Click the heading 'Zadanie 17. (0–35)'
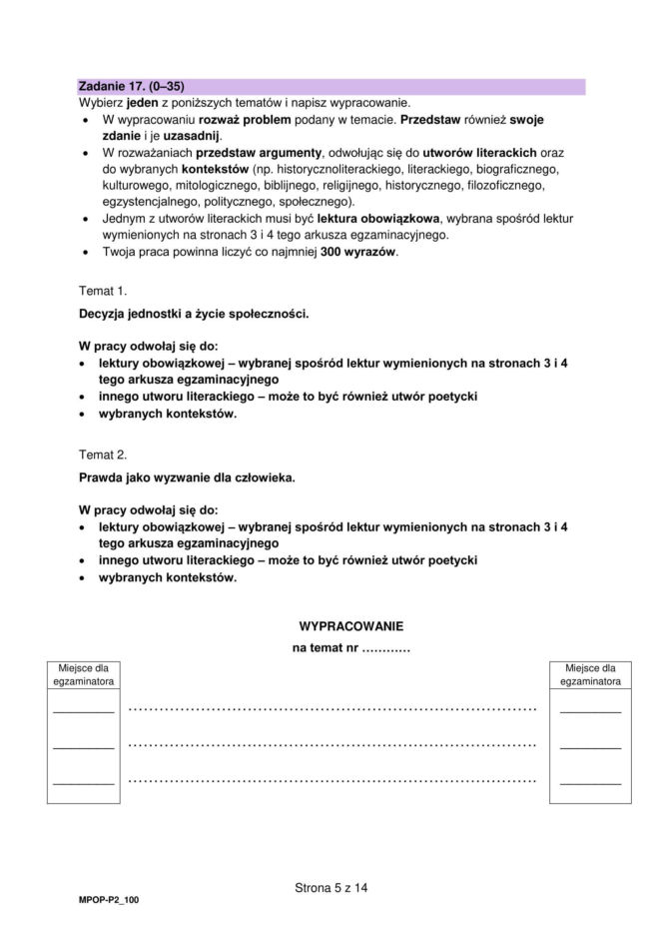click(132, 86)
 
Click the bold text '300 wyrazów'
click(357, 252)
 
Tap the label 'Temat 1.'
click(103, 290)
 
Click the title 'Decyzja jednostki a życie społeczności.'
click(194, 314)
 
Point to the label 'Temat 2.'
click(103, 455)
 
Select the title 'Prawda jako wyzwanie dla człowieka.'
click(187, 478)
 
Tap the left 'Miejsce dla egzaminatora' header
click(83, 674)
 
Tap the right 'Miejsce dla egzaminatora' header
click(590, 674)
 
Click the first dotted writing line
click(332, 709)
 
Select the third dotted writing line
click(332, 779)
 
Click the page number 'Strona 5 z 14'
click(331, 887)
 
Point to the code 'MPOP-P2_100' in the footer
click(109, 900)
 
